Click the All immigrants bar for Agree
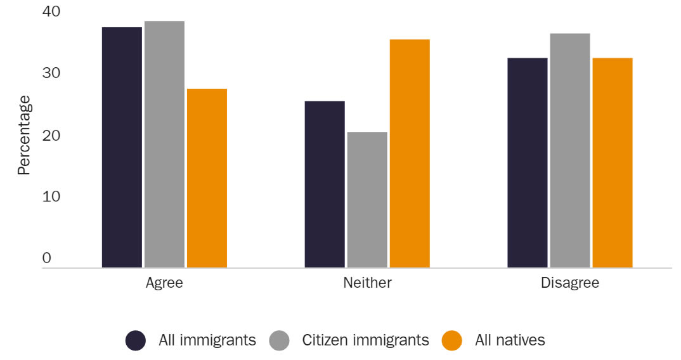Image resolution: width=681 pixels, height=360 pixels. pos(122,147)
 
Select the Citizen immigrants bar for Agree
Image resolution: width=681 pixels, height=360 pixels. pos(164,144)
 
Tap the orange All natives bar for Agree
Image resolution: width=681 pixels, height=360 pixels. pos(207,178)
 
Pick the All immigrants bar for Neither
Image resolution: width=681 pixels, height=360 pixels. pos(325,184)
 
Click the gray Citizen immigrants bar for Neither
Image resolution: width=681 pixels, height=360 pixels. pos(367,200)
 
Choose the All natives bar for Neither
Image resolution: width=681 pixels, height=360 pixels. pos(410,153)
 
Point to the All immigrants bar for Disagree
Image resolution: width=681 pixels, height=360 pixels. pos(528,162)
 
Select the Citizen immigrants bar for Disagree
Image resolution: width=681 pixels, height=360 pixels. pos(570,150)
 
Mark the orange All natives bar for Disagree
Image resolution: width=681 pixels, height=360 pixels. pos(613,162)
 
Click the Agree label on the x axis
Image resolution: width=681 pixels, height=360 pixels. pos(164,283)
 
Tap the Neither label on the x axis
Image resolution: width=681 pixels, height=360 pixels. pos(367,283)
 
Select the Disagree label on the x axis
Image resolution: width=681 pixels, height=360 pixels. pos(570,283)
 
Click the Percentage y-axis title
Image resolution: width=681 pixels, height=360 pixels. pos(23,135)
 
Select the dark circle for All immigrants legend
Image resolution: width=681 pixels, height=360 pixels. pos(136,340)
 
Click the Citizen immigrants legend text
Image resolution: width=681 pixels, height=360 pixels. pos(365,340)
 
